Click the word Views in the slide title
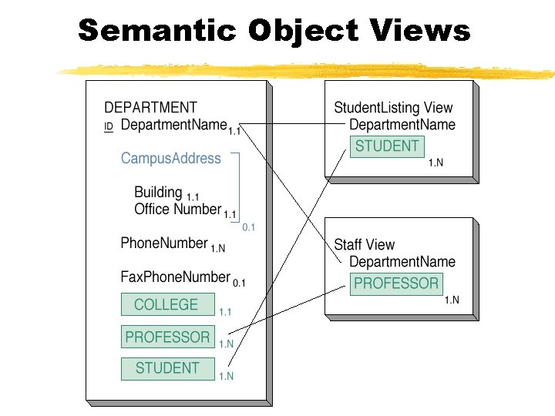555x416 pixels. tap(420, 31)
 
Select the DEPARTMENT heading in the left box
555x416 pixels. tap(150, 108)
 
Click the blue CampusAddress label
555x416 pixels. tap(171, 159)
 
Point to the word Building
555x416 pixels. tap(158, 193)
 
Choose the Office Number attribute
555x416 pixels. tap(177, 209)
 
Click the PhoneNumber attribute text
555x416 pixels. tap(164, 243)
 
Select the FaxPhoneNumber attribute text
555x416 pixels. tap(175, 277)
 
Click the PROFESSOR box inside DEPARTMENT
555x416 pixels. tap(167, 337)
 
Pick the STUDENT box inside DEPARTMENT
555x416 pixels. tap(167, 368)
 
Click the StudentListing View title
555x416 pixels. tap(393, 108)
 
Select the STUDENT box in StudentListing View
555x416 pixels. tap(387, 146)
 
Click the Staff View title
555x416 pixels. tap(364, 245)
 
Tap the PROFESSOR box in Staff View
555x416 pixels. tap(396, 283)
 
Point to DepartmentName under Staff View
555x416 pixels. tap(402, 262)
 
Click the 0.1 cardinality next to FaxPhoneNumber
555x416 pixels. tap(239, 283)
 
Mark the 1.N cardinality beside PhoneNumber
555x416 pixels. tap(218, 249)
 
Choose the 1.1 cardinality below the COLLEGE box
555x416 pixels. tap(225, 312)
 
